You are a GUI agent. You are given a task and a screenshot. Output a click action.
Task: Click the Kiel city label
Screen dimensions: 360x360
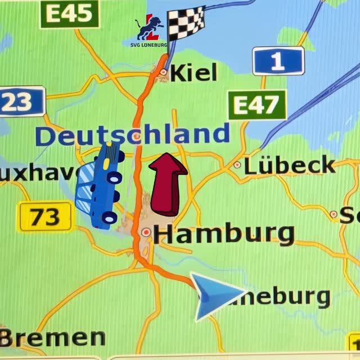[193, 72]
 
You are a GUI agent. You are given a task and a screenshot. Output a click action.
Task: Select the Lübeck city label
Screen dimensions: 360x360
[289, 165]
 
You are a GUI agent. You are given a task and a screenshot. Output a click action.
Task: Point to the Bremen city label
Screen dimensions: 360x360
[53, 337]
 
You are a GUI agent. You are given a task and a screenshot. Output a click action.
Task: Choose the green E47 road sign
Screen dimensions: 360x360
[257, 105]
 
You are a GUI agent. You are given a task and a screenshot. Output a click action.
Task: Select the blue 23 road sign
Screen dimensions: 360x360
[21, 101]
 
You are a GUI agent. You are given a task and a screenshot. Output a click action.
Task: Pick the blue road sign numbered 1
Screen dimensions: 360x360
[278, 61]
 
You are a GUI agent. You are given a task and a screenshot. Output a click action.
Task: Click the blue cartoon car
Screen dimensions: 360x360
[101, 185]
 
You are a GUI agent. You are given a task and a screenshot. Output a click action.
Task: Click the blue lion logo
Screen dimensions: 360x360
[149, 28]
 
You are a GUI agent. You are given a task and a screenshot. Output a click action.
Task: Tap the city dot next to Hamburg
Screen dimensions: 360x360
[147, 231]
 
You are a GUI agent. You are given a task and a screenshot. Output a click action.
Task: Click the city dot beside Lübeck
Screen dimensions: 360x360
[237, 165]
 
